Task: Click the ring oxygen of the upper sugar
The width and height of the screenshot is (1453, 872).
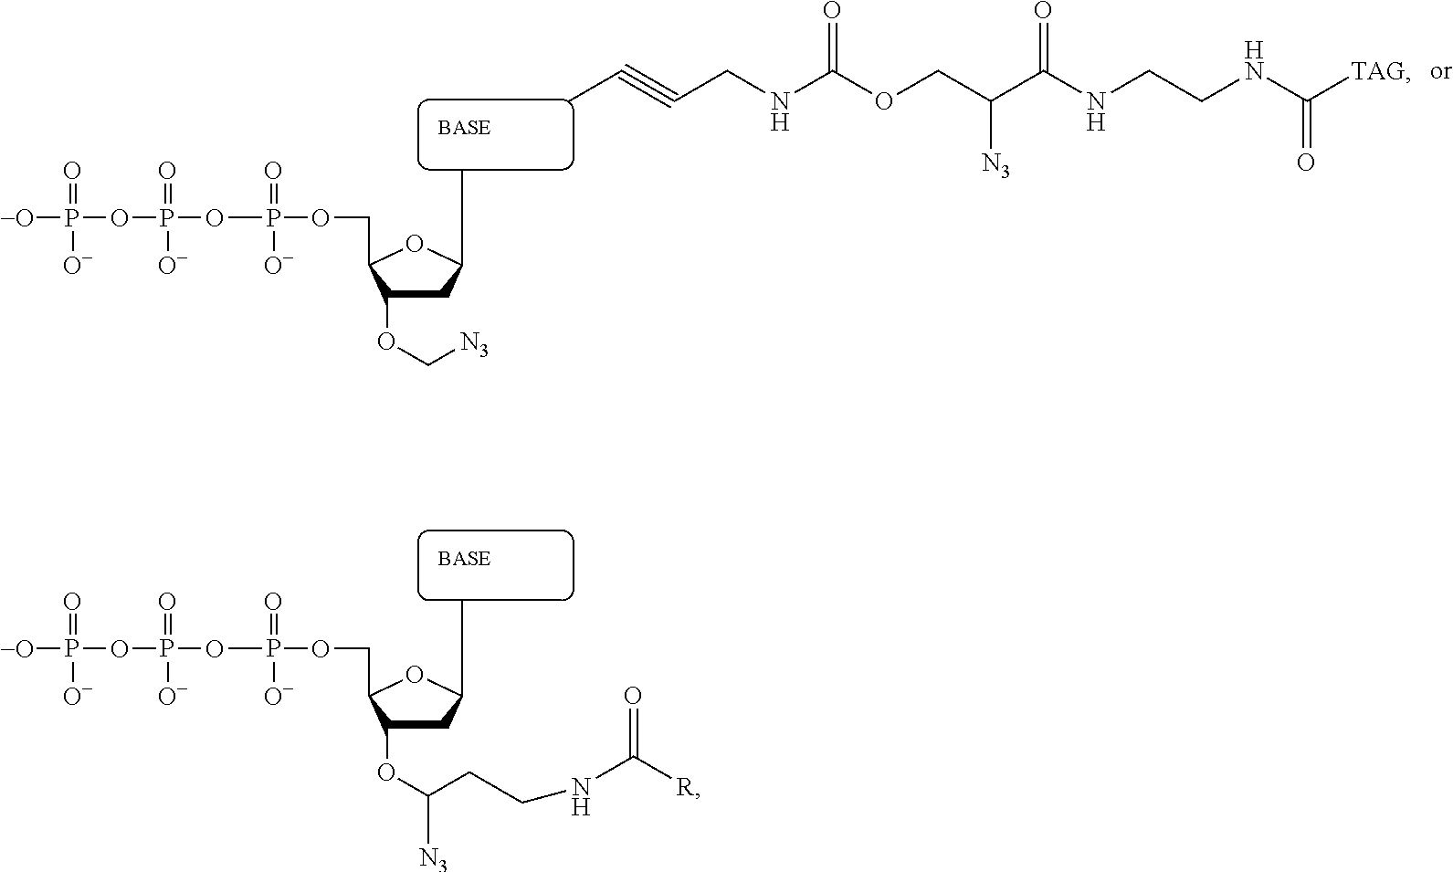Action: (x=414, y=245)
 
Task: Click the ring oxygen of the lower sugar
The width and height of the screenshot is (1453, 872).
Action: (x=414, y=675)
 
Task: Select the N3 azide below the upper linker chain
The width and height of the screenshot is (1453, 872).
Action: (x=995, y=164)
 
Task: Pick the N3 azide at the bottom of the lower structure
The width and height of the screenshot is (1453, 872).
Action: (x=433, y=857)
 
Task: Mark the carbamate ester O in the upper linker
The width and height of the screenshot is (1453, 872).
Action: (x=883, y=100)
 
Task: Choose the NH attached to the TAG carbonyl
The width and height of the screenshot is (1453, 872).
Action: (x=1255, y=61)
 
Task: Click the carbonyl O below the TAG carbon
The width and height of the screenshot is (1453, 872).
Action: (x=1306, y=163)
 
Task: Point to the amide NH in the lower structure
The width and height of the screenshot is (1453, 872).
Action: (x=581, y=796)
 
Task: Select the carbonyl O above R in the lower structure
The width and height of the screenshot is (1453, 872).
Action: (x=633, y=697)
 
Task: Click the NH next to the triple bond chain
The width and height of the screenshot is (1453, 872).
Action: (x=780, y=110)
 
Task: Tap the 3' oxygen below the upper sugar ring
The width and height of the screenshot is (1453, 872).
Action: (x=386, y=341)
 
